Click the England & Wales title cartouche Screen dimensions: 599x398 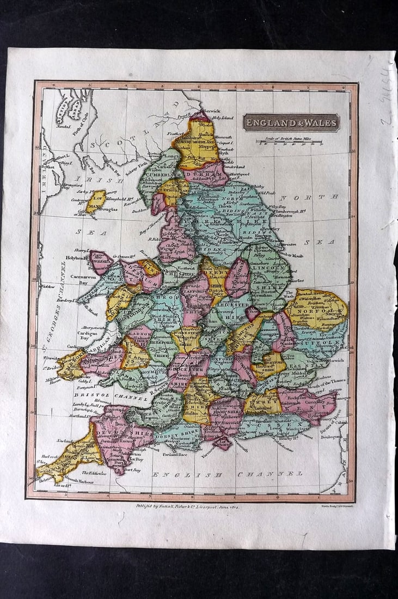coord(291,122)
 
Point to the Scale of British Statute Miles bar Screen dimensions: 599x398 coord(290,143)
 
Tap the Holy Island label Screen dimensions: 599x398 coord(222,118)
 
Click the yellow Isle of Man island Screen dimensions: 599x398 coord(96,200)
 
